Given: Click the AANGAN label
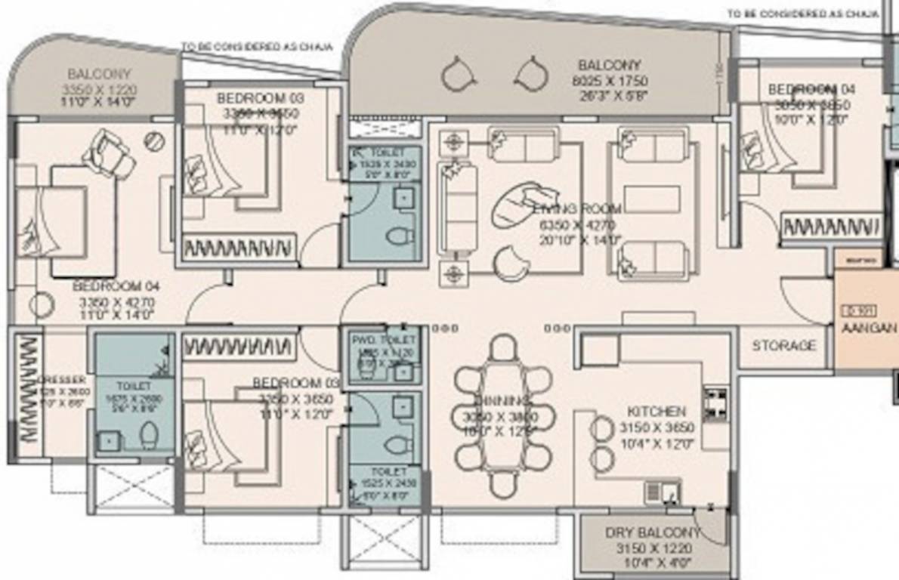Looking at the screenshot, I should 869,329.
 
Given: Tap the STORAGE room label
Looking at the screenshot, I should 783,346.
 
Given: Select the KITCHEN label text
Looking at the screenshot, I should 656,412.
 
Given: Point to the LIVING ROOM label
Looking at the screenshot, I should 576,209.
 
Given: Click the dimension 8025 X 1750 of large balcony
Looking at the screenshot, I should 609,80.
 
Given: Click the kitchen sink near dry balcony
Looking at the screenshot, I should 662,493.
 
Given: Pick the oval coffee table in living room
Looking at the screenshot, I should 518,204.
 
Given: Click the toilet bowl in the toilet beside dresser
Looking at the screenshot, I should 149,435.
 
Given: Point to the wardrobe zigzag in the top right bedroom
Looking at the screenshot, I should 829,227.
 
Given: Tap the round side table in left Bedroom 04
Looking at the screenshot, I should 42,305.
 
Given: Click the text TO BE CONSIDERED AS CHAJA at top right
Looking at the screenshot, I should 802,14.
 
